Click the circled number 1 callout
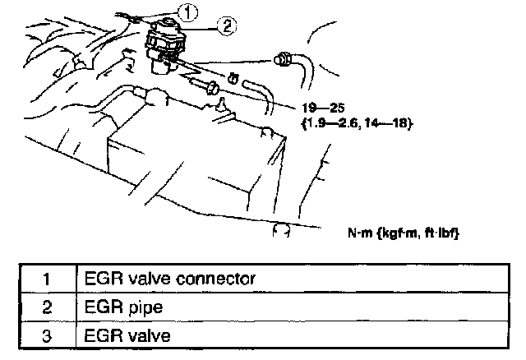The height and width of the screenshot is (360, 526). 189,12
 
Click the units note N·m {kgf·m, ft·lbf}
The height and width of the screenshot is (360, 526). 403,233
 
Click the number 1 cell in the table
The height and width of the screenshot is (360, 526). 47,278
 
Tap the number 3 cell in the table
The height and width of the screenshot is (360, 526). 47,335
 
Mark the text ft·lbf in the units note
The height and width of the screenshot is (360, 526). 441,233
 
